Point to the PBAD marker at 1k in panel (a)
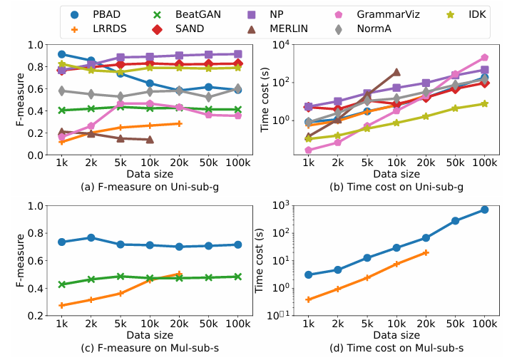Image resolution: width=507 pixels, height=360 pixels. pos(62,54)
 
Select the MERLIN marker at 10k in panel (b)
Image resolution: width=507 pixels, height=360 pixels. pos(396,72)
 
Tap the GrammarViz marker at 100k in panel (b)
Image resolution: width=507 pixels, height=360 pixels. pos(485,57)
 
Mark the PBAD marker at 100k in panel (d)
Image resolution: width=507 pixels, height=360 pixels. pos(485,210)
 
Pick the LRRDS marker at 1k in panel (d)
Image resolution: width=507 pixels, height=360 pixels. pos(308,299)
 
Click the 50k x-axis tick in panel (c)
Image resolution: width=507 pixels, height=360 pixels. pos(208,324)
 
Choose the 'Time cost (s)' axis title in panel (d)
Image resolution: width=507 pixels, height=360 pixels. pos(262,261)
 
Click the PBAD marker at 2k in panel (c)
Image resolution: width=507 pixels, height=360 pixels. pos(91,237)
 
